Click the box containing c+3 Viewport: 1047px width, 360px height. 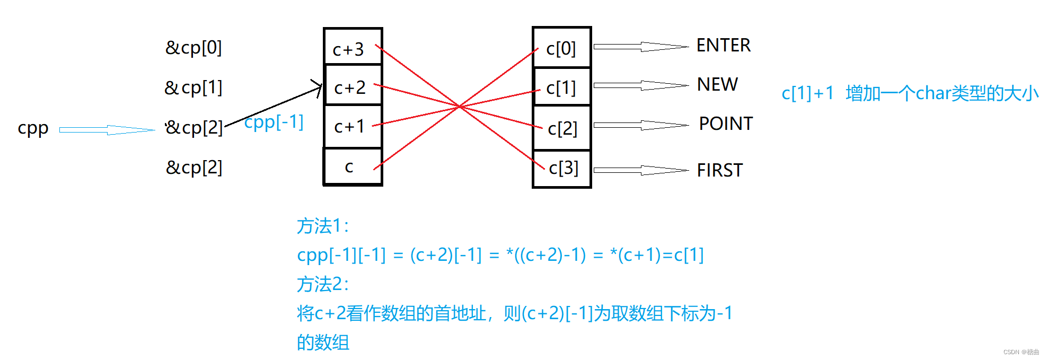tap(353, 48)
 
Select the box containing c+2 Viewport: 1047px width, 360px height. tap(353, 86)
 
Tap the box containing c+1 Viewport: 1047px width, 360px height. tap(353, 126)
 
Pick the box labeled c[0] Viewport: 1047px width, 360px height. tap(561, 48)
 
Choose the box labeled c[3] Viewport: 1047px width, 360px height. tap(562, 168)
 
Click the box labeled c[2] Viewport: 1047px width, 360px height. tap(562, 128)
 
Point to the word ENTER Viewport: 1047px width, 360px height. tap(723, 46)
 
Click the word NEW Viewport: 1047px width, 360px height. tap(717, 84)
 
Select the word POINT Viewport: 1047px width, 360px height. tap(725, 124)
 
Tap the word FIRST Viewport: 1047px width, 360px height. tap(719, 170)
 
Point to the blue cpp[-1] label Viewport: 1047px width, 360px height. tap(274, 122)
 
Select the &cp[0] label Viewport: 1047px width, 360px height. tap(193, 48)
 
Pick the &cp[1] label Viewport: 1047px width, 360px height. tap(193, 87)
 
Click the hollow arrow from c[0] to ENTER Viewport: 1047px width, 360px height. tap(640, 47)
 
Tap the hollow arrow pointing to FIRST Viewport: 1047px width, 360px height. tap(640, 170)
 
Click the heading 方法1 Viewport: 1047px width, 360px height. tap(322, 226)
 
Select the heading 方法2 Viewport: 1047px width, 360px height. tap(322, 285)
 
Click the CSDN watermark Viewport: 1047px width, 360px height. tap(1020, 352)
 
